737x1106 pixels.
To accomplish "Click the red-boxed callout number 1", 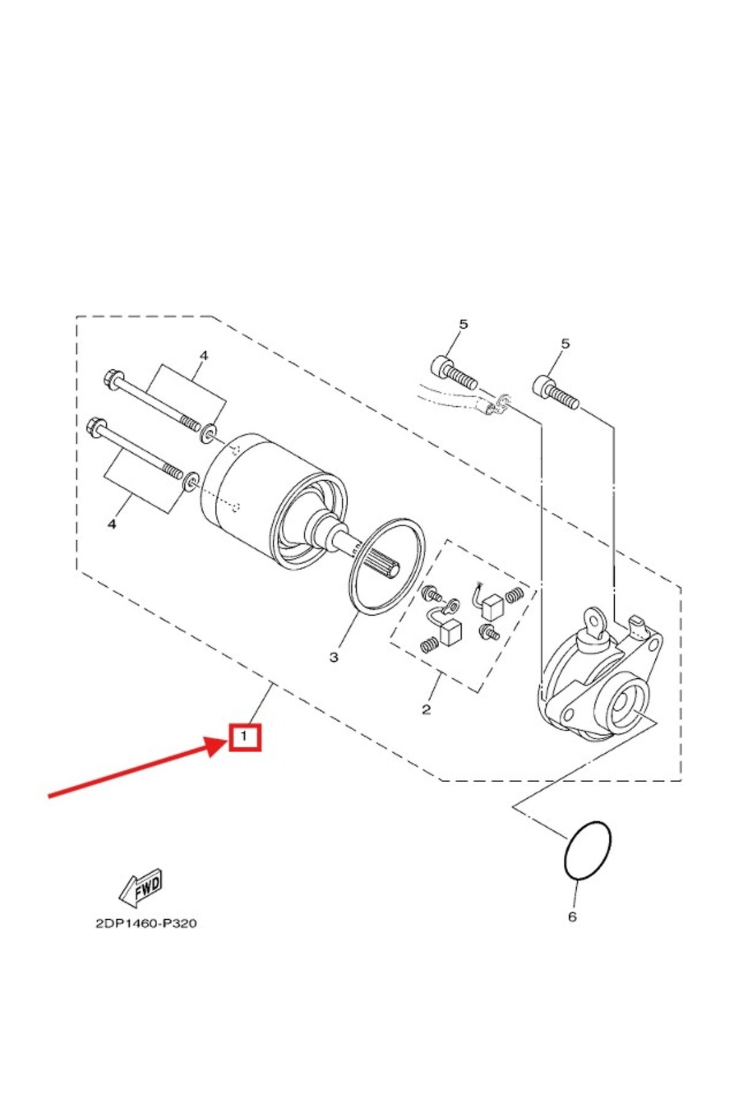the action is [x=244, y=736].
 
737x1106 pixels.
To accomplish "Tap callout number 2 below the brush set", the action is [x=426, y=709].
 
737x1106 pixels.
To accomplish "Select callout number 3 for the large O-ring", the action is [x=333, y=657].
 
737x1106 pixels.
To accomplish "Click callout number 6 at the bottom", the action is [x=572, y=917].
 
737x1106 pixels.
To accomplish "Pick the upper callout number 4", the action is [x=204, y=356].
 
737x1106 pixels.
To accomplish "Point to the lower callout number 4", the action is [x=112, y=524].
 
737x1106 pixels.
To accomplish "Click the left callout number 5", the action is [x=463, y=324].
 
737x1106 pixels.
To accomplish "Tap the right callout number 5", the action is [x=565, y=343].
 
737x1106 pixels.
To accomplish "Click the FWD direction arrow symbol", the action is [x=141, y=888].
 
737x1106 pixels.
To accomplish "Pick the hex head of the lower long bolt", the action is [x=99, y=425].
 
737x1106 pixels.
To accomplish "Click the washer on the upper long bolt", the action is [x=209, y=433].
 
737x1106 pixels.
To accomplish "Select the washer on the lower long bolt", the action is [x=192, y=480].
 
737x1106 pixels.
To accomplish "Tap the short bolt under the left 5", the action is [x=455, y=373].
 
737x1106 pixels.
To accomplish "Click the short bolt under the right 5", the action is [x=556, y=392].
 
